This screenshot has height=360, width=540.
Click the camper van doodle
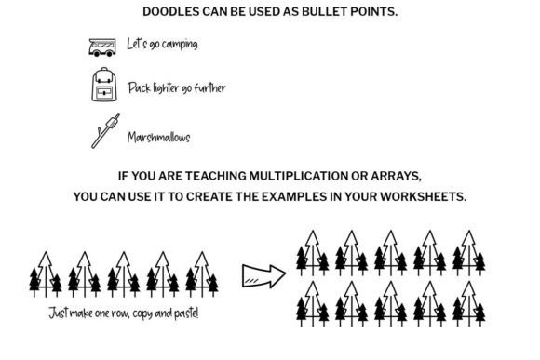pos(101,47)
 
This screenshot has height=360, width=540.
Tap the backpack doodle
pos(104,85)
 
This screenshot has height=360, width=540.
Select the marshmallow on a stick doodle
pos(106,131)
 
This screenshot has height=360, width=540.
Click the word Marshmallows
pos(159,138)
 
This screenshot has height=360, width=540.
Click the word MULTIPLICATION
pos(298,176)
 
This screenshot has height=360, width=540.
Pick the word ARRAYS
pos(396,176)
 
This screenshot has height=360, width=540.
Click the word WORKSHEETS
pos(423,197)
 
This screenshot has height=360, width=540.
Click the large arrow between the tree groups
pos(263,276)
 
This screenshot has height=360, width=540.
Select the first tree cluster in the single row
pos(46,274)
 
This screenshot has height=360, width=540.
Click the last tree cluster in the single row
pos(202,274)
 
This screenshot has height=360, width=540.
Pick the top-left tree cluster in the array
pos(312,253)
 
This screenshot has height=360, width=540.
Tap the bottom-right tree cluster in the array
pos(468,304)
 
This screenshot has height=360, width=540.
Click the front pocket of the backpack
pos(104,92)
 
